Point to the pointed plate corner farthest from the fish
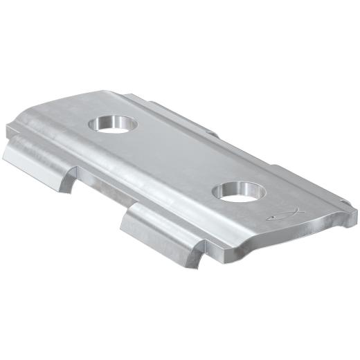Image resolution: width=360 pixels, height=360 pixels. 8,129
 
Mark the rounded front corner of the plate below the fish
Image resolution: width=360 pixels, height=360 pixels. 228,253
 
